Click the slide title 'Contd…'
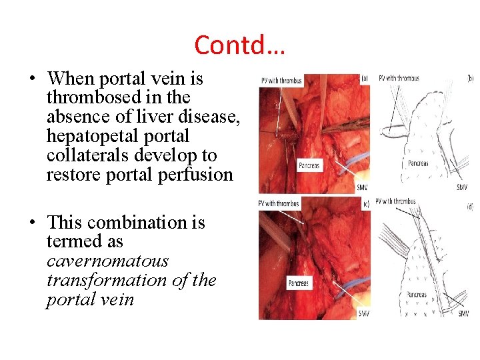239,45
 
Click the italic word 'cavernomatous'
107,261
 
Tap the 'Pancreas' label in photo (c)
299,283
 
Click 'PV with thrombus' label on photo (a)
282,81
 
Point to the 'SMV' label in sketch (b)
462,187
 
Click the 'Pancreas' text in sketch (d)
418,295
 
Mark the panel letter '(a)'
364,77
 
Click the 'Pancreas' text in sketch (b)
418,163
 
